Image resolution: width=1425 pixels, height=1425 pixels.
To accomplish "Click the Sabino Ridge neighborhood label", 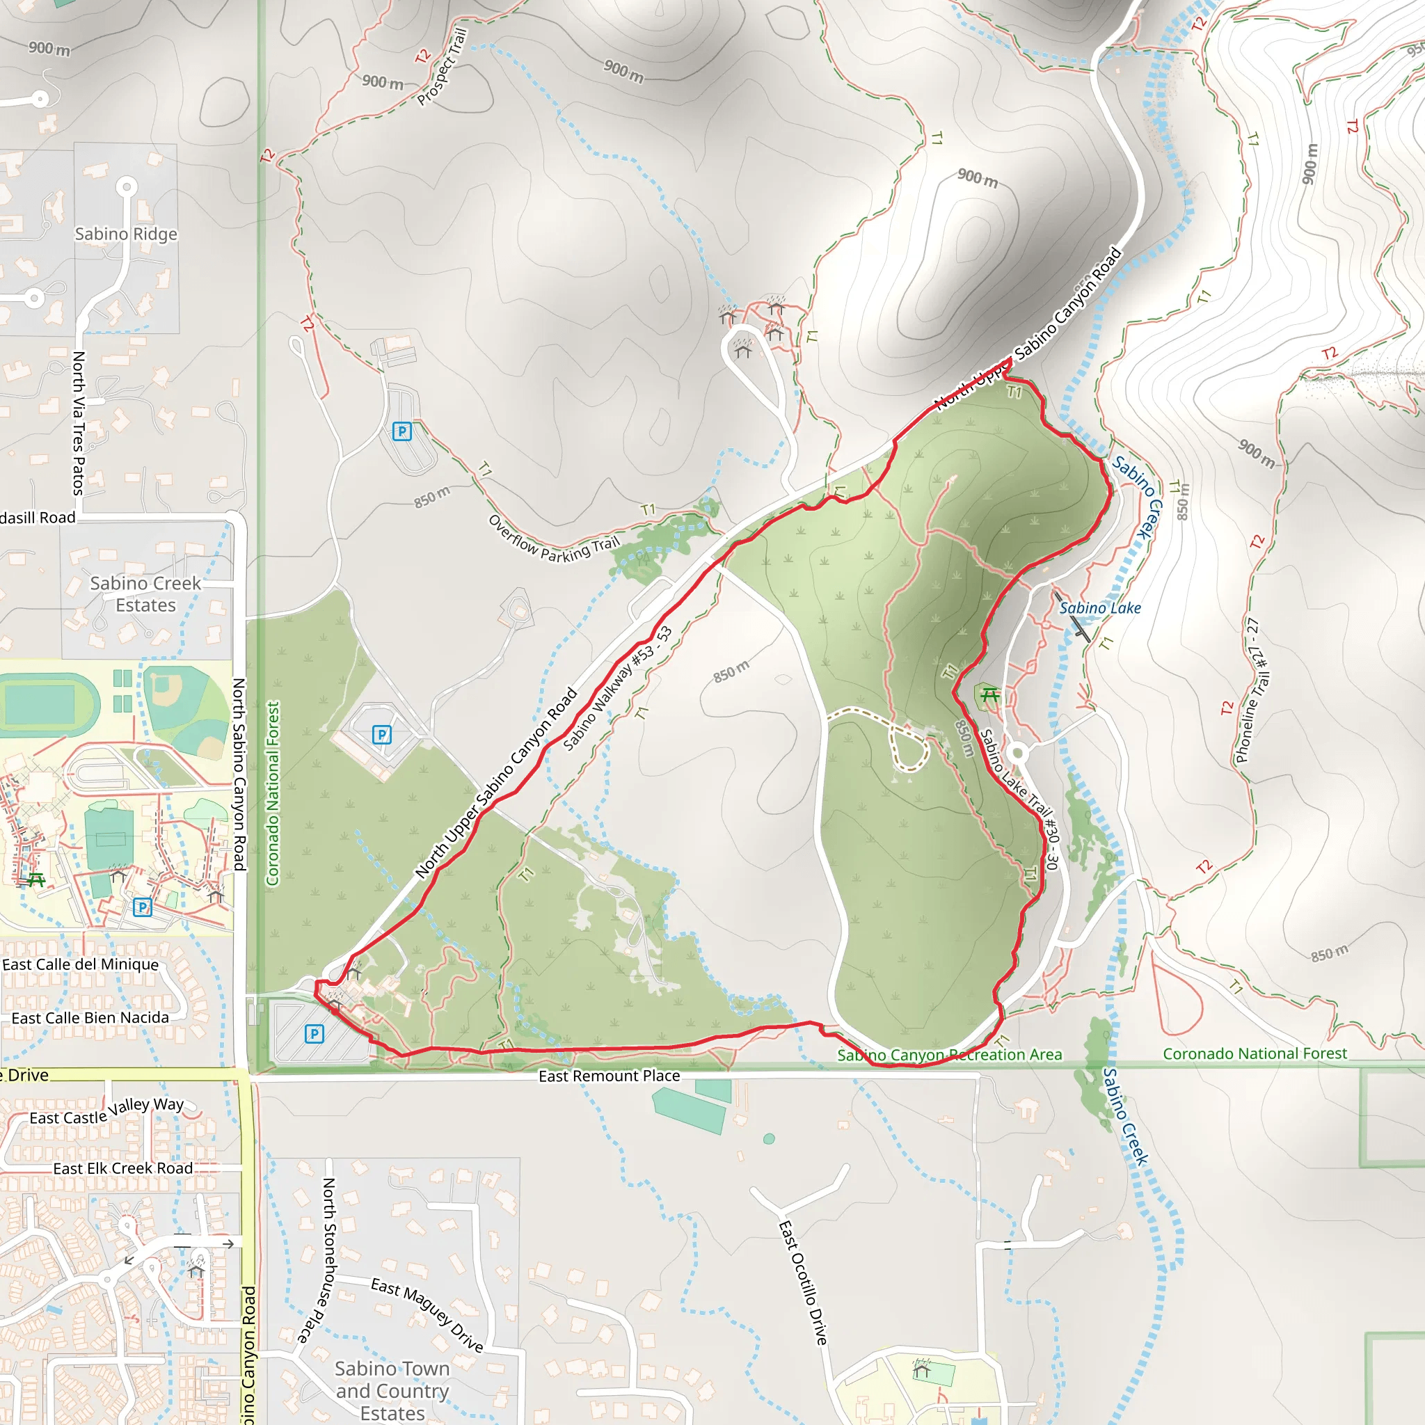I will [x=126, y=234].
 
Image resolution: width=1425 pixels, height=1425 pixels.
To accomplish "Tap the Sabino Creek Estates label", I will [x=145, y=594].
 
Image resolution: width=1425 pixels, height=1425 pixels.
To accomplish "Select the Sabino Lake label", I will [x=1100, y=607].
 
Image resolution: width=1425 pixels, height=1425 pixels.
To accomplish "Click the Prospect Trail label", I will [x=442, y=66].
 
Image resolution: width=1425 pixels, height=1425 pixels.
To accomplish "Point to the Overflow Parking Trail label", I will [x=554, y=540].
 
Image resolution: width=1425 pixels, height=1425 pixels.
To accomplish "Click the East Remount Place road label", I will [x=610, y=1076].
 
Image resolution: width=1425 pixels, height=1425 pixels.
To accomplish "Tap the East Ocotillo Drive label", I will [x=803, y=1282].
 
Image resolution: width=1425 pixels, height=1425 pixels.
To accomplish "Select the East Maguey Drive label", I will [x=427, y=1315].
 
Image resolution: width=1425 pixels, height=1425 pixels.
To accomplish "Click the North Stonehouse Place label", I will [x=321, y=1261].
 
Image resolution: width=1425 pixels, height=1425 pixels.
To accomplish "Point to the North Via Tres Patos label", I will [x=78, y=422].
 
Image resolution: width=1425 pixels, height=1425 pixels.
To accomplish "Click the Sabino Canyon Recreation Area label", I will [x=949, y=1055].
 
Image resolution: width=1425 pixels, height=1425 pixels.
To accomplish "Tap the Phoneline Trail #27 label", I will [x=1253, y=690].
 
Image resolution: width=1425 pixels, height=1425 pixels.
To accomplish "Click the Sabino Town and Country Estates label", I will [x=392, y=1390].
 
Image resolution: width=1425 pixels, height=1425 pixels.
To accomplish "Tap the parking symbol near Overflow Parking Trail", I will [x=402, y=431].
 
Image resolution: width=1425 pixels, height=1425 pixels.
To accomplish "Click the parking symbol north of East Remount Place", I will [x=315, y=1034].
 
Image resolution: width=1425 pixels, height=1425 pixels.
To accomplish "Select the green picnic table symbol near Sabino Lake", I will [x=990, y=695].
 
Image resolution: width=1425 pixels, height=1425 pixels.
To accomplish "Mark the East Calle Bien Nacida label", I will [x=90, y=1018].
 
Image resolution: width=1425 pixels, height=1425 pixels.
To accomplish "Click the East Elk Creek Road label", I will [x=122, y=1168].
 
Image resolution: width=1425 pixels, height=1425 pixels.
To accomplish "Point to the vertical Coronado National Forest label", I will [x=273, y=793].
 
